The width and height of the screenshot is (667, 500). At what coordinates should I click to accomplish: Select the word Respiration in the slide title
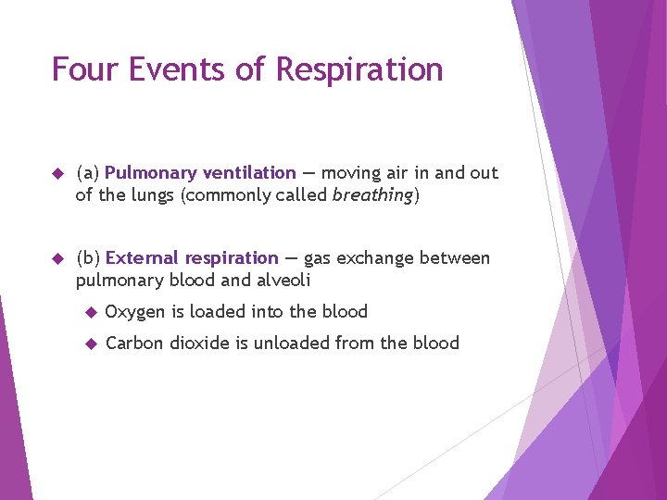[361, 70]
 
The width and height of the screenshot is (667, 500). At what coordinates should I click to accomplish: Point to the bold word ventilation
[249, 173]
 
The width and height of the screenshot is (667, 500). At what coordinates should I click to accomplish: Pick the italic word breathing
[372, 195]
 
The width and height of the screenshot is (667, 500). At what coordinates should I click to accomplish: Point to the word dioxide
[201, 344]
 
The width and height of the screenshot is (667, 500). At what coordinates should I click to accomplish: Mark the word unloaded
[295, 344]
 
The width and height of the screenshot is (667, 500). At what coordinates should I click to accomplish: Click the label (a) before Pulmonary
[88, 173]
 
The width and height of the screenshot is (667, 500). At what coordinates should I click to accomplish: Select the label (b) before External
[88, 258]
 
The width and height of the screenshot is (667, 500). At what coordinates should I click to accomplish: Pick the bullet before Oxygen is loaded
[91, 312]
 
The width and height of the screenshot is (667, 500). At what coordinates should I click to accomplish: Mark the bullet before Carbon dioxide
[91, 344]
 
